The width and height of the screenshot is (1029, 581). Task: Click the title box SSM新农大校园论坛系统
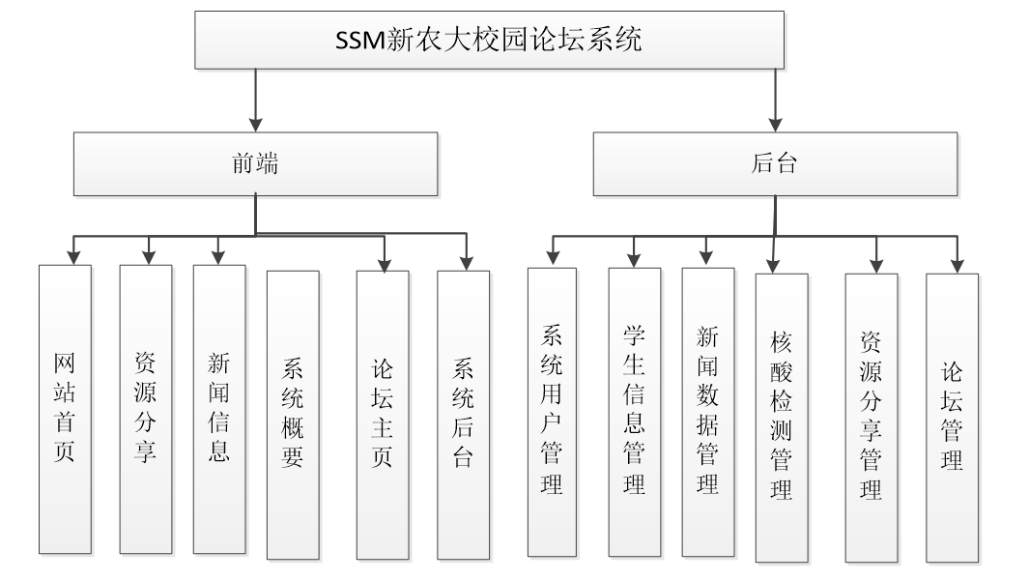(489, 41)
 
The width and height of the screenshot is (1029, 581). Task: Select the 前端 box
(255, 162)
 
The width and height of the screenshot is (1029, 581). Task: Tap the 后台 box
(775, 162)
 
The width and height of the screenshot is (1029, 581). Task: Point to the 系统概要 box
(293, 414)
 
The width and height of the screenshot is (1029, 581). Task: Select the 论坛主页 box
(383, 414)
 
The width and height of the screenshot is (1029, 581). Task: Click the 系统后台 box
(463, 414)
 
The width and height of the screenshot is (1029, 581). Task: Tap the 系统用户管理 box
(552, 412)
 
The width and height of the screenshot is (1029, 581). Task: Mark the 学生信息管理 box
(634, 412)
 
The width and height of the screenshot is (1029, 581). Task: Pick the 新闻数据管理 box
(707, 412)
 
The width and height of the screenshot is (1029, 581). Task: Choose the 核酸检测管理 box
(782, 417)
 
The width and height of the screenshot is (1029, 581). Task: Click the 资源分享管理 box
(871, 417)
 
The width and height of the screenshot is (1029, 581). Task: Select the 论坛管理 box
(952, 417)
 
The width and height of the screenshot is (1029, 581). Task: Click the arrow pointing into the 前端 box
(255, 123)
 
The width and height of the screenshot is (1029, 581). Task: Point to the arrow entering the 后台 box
(775, 123)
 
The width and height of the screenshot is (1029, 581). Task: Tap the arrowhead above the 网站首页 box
(72, 257)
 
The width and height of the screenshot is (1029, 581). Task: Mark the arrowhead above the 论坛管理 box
(958, 265)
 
